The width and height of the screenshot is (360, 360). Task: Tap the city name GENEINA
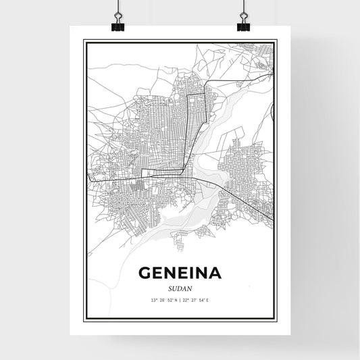[x=180, y=273]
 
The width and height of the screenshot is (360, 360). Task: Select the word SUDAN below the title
[x=180, y=286]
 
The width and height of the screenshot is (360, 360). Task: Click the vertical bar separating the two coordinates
[x=180, y=299]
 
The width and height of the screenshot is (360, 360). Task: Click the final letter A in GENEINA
[x=214, y=273]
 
